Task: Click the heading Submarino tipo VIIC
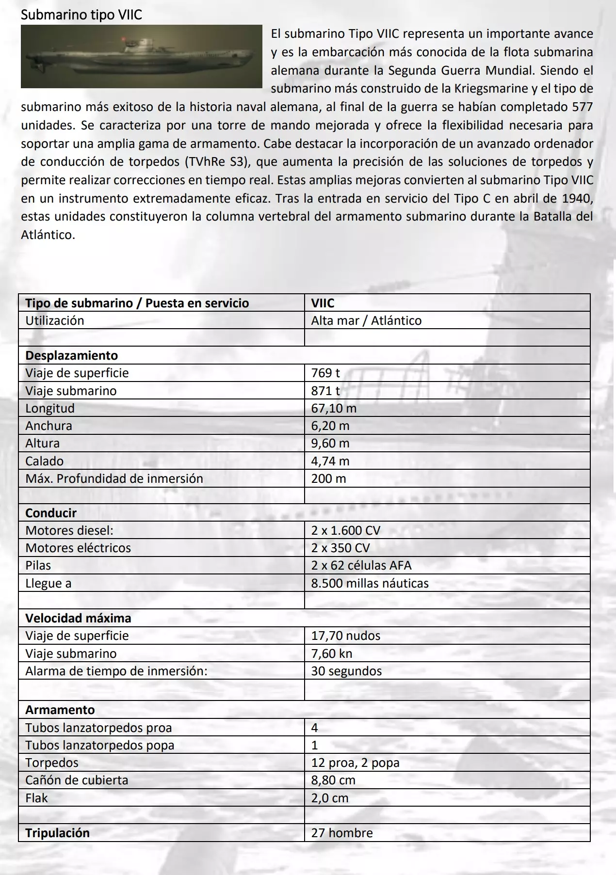coord(81,15)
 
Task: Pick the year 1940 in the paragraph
coord(577,198)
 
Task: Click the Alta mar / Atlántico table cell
coord(366,320)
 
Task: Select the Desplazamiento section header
coord(72,355)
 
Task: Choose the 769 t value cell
coord(325,373)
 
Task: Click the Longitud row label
coord(50,408)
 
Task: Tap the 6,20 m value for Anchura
coord(330,426)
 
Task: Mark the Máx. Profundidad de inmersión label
coord(114,478)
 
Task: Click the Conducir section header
coord(51,513)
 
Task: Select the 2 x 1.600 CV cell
coord(346,530)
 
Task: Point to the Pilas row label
coord(38,565)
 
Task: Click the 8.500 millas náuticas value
coord(370,583)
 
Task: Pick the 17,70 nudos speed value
coord(346,636)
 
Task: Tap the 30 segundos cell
coord(346,671)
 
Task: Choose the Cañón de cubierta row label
coord(77,780)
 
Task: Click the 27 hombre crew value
coord(342,833)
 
